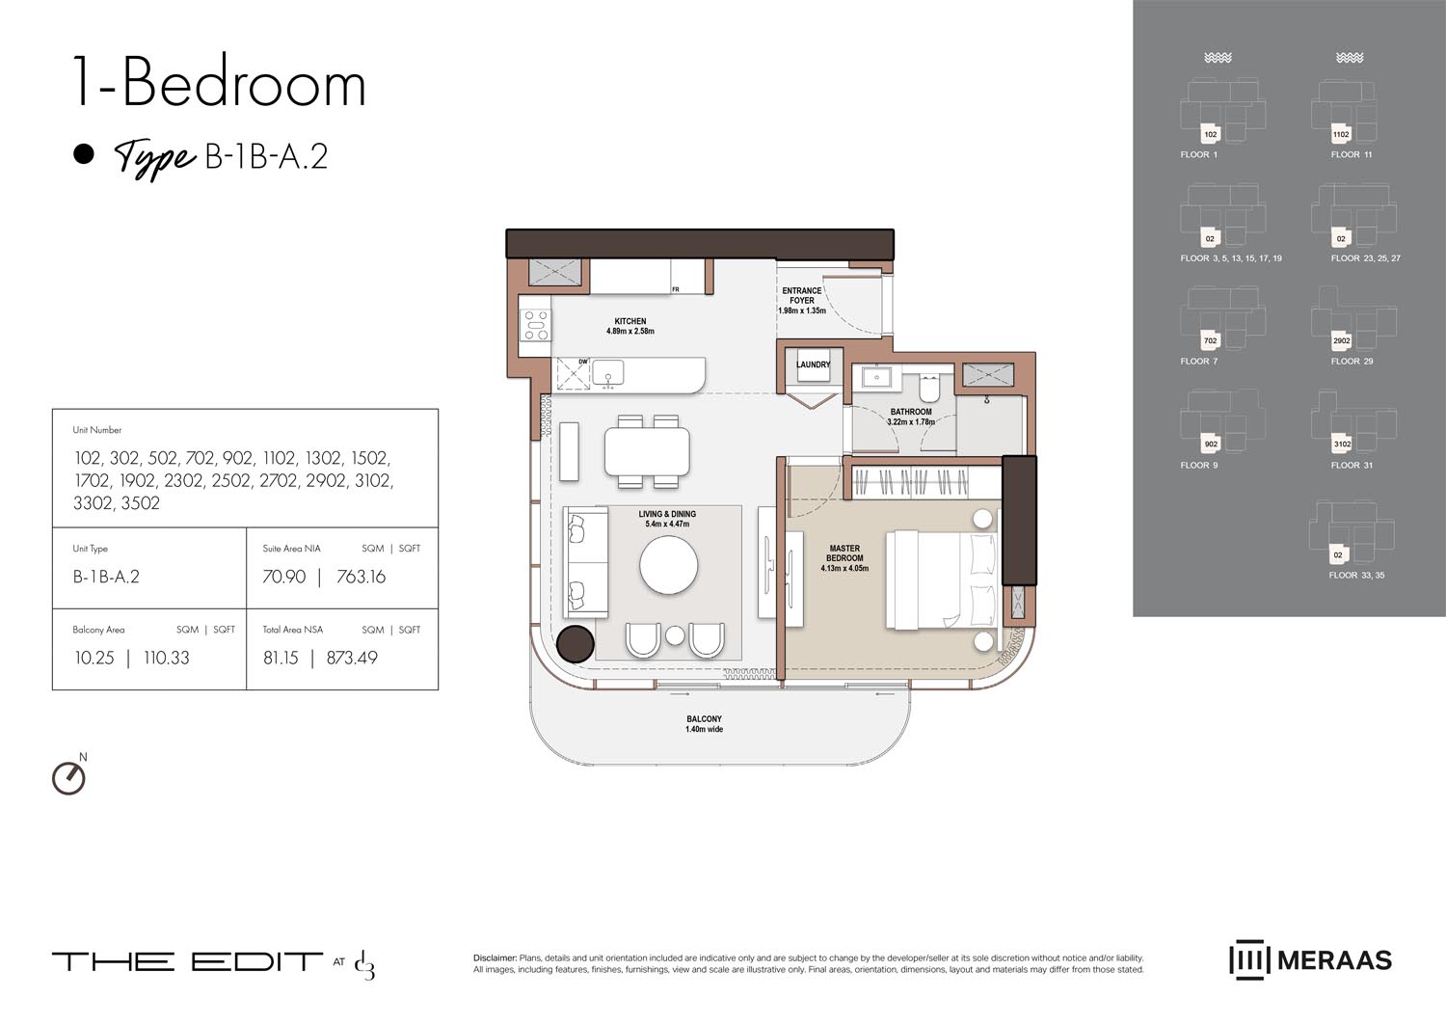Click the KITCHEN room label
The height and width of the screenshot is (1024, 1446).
(x=630, y=321)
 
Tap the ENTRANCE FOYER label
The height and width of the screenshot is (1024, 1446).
(x=802, y=295)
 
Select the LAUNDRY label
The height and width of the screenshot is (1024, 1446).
(x=813, y=364)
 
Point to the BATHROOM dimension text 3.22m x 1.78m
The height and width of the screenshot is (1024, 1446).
(x=911, y=422)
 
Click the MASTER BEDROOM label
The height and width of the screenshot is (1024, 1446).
(x=844, y=553)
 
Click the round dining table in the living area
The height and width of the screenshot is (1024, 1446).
(x=669, y=564)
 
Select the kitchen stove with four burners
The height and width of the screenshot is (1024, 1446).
(x=536, y=325)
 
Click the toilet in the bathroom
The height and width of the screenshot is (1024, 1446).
(x=929, y=388)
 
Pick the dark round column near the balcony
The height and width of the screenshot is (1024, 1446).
(x=576, y=644)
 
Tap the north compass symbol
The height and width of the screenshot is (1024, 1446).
(x=68, y=777)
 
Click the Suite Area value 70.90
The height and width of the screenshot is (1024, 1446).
(x=284, y=577)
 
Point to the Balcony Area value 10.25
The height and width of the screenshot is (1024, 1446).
(x=94, y=658)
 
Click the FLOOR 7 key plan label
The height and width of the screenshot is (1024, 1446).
(x=1198, y=362)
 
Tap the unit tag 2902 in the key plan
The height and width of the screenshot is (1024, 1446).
(x=1342, y=341)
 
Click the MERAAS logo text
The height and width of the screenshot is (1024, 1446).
(x=1334, y=960)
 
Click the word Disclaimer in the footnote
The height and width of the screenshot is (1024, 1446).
(x=495, y=958)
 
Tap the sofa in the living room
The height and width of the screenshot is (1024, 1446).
(x=585, y=561)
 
